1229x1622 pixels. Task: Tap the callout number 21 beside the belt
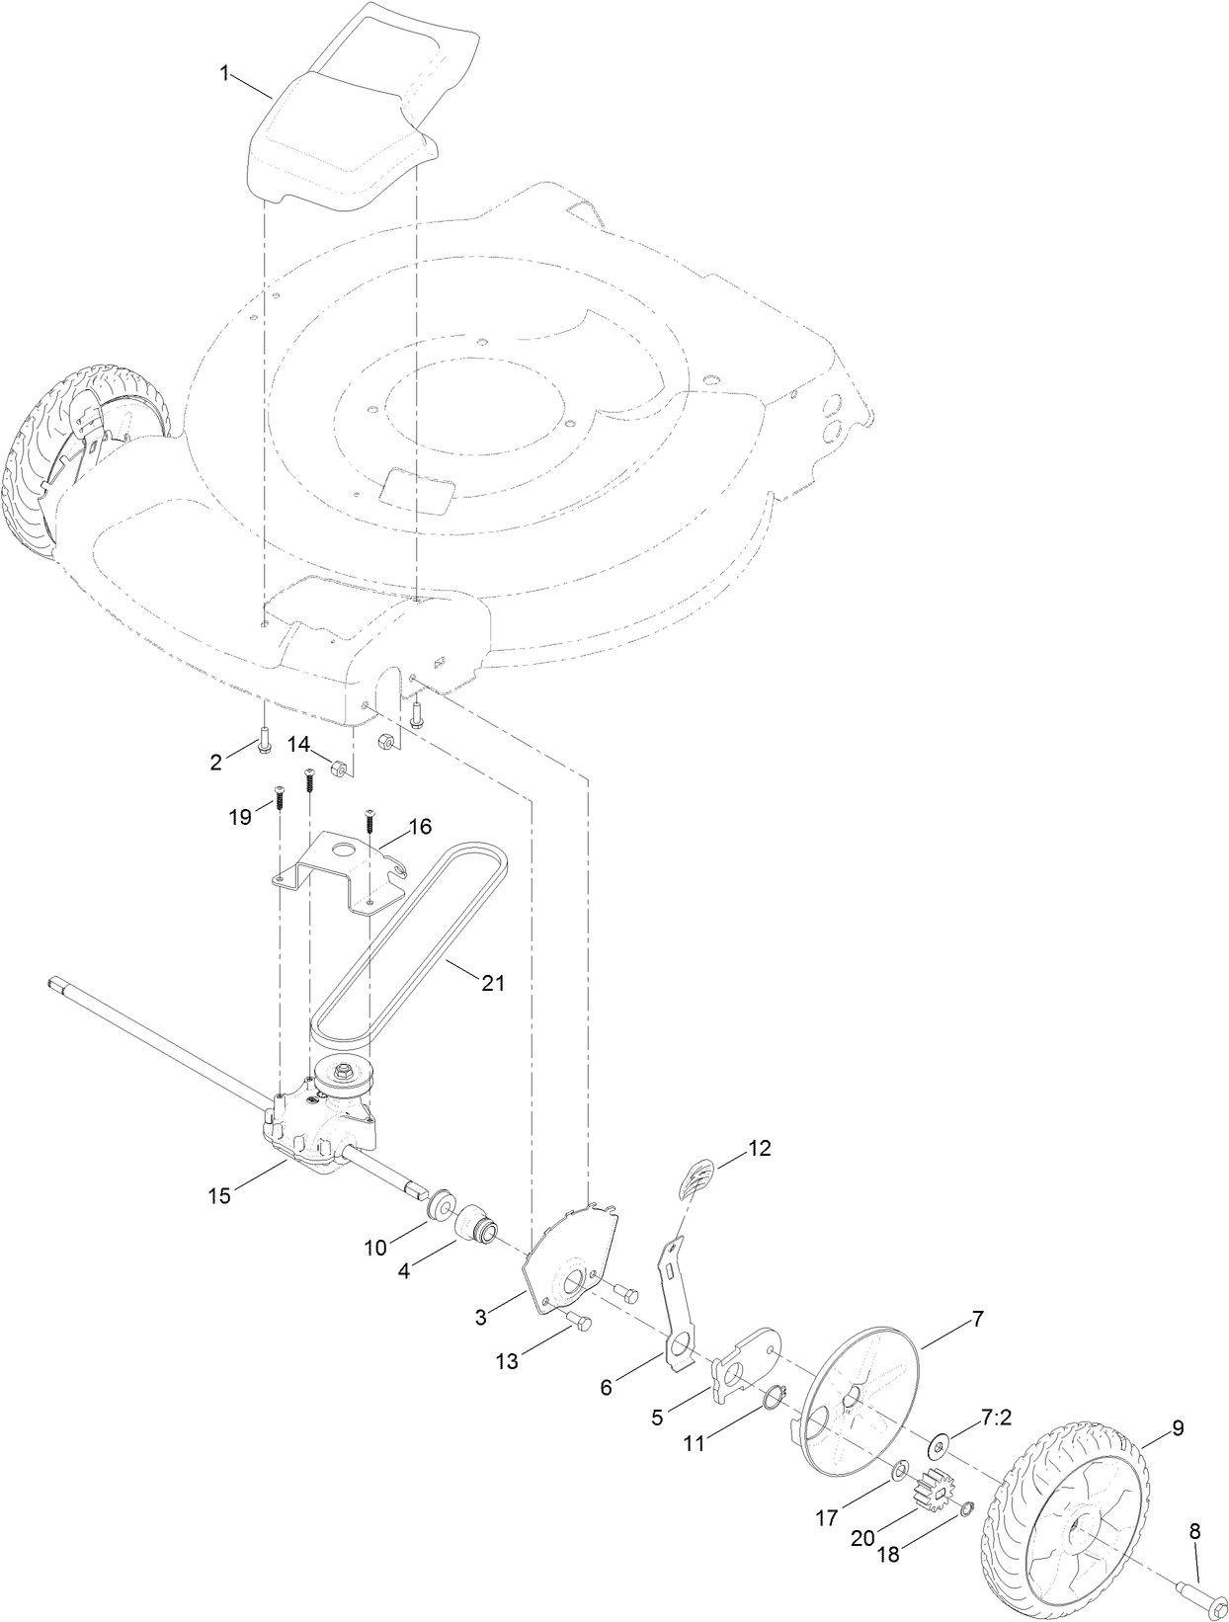492,982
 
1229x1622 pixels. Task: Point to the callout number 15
219,1195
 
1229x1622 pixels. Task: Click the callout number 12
759,1148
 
